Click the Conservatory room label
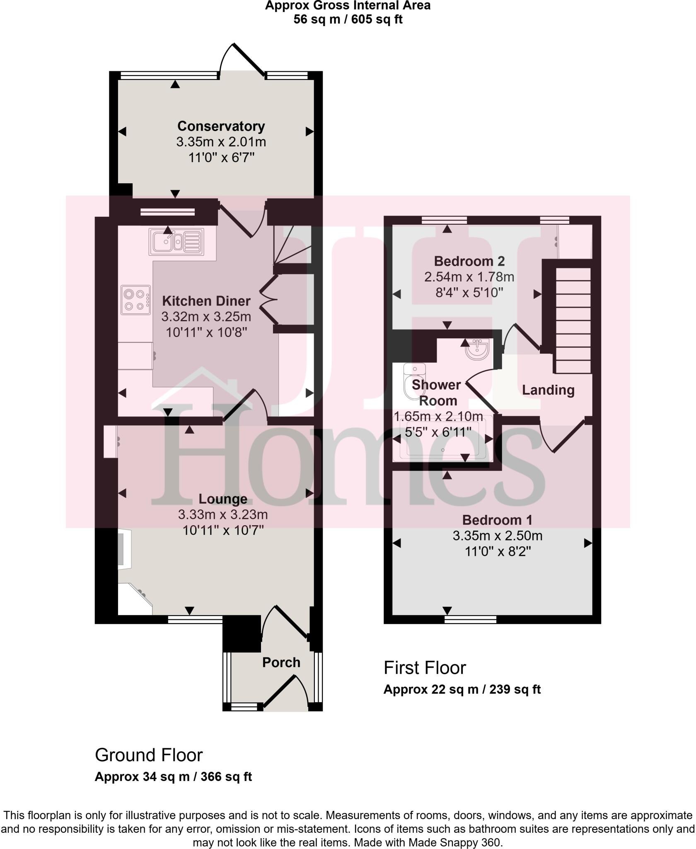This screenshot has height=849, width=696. pyautogui.click(x=221, y=126)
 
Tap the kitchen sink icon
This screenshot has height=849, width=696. pyautogui.click(x=176, y=242)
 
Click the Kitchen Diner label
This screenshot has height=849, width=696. pyautogui.click(x=206, y=301)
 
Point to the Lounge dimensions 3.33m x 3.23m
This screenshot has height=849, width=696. pyautogui.click(x=223, y=515)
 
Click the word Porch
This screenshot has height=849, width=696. pyautogui.click(x=281, y=662)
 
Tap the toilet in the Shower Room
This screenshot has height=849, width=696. pyautogui.click(x=413, y=382)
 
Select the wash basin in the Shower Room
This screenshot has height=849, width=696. pyautogui.click(x=478, y=349)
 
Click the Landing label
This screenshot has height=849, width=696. pyautogui.click(x=548, y=390)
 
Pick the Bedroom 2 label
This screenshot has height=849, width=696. pyautogui.click(x=469, y=261)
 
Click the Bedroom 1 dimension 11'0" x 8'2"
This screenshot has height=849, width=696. pyautogui.click(x=497, y=552)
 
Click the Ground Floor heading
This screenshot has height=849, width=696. pyautogui.click(x=149, y=755)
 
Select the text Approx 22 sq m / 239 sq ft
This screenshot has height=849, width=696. pyautogui.click(x=462, y=689)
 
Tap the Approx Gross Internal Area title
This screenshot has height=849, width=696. pyautogui.click(x=348, y=5)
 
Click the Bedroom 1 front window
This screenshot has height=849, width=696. pyautogui.click(x=470, y=620)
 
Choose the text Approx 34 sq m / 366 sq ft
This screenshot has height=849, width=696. pyautogui.click(x=173, y=776)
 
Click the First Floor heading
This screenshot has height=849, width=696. pyautogui.click(x=425, y=668)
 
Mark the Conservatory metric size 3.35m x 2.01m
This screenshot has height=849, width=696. pyautogui.click(x=221, y=142)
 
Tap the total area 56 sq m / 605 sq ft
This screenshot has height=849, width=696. pyautogui.click(x=348, y=19)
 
